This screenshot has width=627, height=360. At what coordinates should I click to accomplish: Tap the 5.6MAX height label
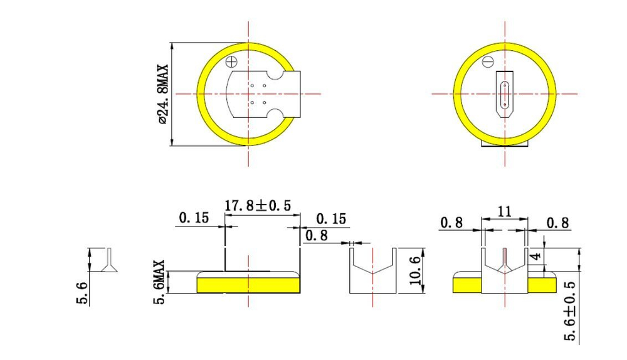161,283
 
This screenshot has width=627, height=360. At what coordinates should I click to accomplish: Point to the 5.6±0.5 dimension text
571,310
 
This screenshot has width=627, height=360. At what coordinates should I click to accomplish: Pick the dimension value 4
535,257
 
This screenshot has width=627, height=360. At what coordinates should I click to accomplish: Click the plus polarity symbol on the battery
232,61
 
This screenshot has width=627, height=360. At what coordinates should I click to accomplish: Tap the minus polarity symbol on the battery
488,62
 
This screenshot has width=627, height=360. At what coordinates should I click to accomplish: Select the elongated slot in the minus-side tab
505,94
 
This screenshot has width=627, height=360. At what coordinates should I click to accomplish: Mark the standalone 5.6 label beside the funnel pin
82,292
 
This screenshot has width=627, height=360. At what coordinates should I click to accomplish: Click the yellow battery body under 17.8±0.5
248,285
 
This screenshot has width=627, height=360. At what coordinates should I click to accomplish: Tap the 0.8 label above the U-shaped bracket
315,235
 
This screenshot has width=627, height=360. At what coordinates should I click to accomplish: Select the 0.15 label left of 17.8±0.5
194,218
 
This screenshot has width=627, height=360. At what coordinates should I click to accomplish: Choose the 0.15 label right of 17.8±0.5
331,218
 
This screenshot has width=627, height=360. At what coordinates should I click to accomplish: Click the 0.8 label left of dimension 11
451,223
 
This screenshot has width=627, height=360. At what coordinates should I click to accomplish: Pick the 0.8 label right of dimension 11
557,223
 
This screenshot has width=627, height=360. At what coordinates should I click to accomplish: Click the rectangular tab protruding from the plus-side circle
292,94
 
